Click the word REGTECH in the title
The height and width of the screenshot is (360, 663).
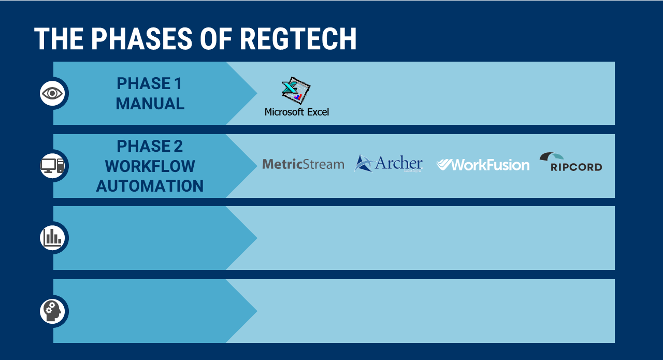tap(298, 39)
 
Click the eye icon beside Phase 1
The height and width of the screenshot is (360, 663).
tap(52, 93)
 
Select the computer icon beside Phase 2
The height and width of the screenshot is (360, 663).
tap(52, 166)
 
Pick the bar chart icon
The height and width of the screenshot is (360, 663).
tap(52, 237)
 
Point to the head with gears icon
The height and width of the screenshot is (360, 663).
tap(53, 311)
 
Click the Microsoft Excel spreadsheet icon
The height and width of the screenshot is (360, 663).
tap(296, 90)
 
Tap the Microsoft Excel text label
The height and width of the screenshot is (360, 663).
tap(297, 112)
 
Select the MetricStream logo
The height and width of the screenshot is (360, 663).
tap(303, 164)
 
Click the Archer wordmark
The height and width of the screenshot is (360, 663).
tap(398, 163)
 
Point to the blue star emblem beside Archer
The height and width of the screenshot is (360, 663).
tap(364, 163)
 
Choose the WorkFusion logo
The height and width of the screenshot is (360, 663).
tap(483, 165)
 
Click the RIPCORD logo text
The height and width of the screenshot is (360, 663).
tap(576, 167)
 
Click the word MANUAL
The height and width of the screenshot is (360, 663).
tap(150, 104)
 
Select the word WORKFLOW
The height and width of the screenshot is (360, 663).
tap(150, 166)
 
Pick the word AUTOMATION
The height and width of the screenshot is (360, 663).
tap(150, 186)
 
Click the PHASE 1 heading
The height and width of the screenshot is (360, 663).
tap(149, 83)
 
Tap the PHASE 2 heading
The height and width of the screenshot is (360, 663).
tap(150, 146)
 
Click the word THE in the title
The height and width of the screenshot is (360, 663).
tap(59, 39)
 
